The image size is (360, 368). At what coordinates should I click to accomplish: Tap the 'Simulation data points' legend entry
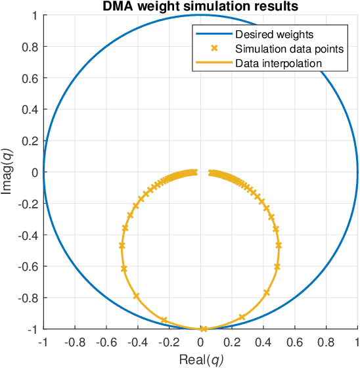pos(281,48)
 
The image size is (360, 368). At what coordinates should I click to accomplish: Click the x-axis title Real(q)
pos(200,359)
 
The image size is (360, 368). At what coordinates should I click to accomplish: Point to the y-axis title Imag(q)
pos(7,172)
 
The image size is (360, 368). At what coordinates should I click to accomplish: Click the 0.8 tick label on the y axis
pos(30,47)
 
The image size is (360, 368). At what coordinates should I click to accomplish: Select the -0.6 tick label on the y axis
pos(28,266)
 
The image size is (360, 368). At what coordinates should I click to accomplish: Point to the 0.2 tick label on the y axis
pos(30,141)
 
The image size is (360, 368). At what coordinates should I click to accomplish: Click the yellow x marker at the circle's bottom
pos(204,329)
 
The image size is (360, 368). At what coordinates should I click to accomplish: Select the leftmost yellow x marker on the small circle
pos(122,245)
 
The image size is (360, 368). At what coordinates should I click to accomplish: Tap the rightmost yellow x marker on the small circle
pos(279,245)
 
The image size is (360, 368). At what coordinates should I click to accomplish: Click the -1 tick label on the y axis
pos(32,329)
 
